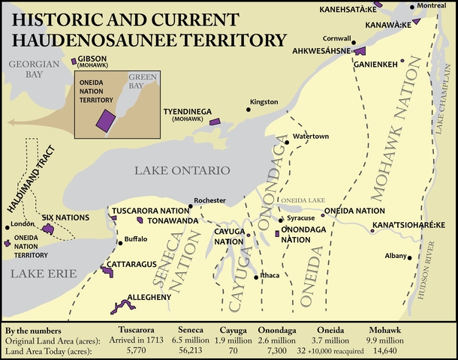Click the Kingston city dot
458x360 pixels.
click(248, 110)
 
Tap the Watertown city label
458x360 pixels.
click(308, 136)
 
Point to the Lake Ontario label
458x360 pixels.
click(181, 171)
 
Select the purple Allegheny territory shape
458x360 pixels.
click(119, 306)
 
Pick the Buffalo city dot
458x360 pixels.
click(119, 243)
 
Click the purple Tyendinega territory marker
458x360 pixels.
click(215, 121)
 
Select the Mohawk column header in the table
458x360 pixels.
click(386, 330)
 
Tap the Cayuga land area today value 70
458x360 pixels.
click(234, 350)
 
